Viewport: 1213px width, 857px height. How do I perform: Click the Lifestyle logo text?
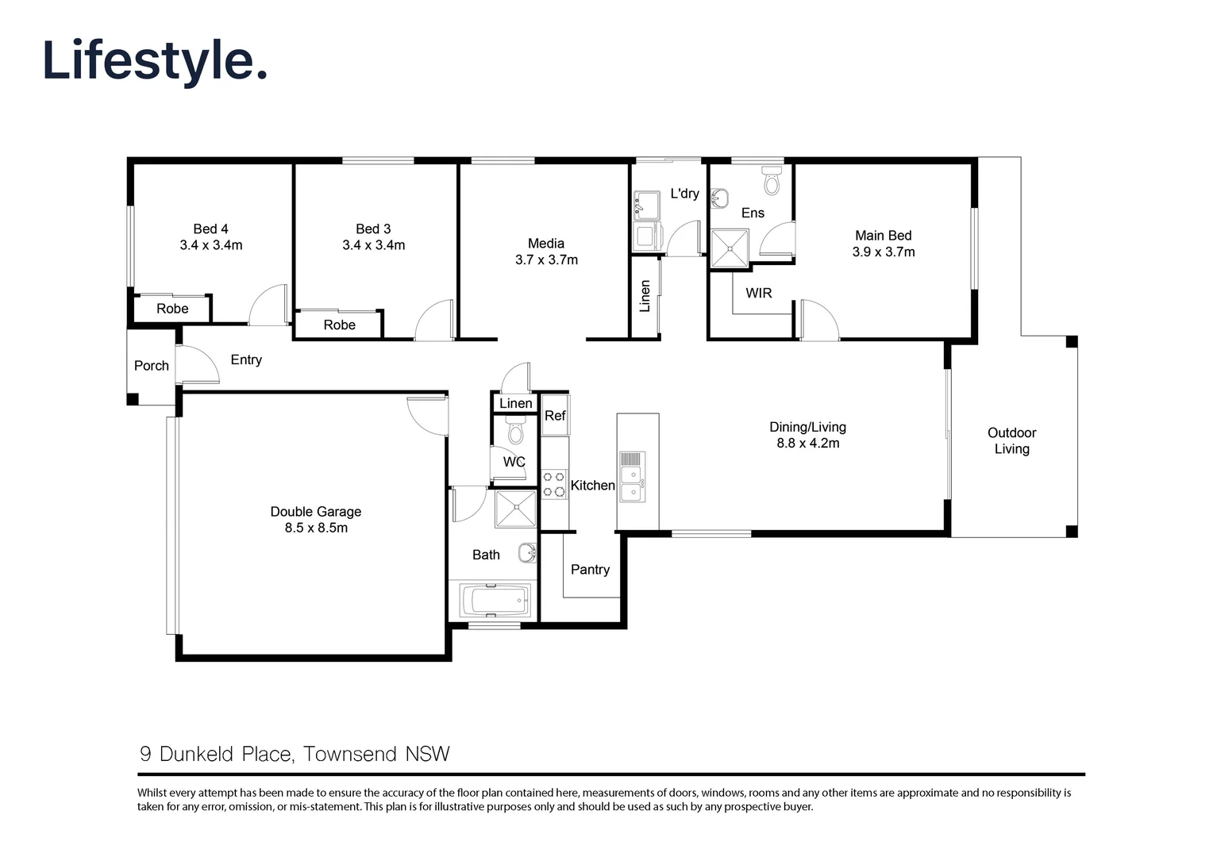pyautogui.click(x=155, y=61)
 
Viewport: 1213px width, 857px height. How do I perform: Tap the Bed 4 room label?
pyautogui.click(x=210, y=229)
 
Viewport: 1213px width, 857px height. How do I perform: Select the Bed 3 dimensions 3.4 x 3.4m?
pyautogui.click(x=373, y=245)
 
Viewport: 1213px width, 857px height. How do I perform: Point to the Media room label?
pyautogui.click(x=546, y=244)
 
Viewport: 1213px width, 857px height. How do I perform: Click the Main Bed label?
pyautogui.click(x=883, y=236)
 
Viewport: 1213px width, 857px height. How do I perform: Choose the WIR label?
pyautogui.click(x=758, y=294)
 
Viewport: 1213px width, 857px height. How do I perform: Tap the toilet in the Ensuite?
pyautogui.click(x=771, y=181)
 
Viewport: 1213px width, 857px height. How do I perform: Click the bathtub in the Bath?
pyautogui.click(x=493, y=601)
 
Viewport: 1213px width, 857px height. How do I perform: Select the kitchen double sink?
pyautogui.click(x=631, y=483)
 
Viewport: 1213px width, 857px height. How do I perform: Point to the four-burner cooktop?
pyautogui.click(x=554, y=484)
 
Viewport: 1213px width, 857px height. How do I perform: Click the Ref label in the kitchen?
pyautogui.click(x=555, y=416)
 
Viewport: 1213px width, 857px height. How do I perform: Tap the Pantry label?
pyautogui.click(x=590, y=570)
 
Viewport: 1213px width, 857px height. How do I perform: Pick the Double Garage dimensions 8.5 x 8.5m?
pyautogui.click(x=316, y=528)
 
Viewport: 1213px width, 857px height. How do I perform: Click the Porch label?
pyautogui.click(x=151, y=366)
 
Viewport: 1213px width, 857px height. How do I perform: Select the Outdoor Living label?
pyautogui.click(x=1011, y=440)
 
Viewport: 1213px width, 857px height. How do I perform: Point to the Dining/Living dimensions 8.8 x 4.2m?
pyautogui.click(x=807, y=444)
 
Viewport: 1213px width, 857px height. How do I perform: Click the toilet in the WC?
pyautogui.click(x=515, y=432)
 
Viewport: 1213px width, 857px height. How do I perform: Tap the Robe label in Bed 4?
pyautogui.click(x=172, y=309)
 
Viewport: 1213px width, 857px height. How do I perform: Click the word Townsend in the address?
pyautogui.click(x=351, y=754)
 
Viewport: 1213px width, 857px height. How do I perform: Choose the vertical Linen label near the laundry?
pyautogui.click(x=645, y=296)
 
